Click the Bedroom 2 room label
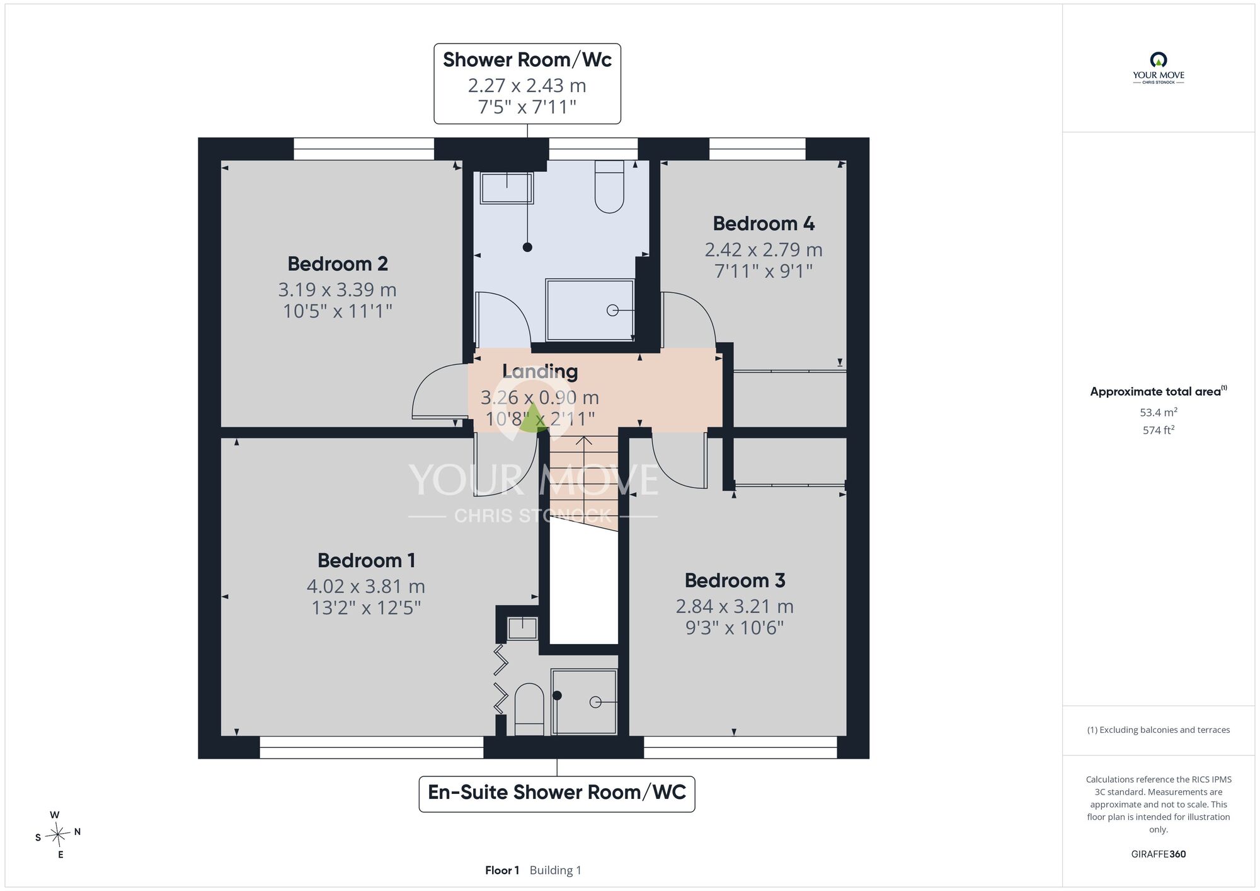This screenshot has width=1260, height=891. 338,263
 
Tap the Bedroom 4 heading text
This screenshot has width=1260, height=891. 764,224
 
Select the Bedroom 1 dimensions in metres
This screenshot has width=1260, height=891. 366,587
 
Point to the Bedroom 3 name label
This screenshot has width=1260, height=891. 735,580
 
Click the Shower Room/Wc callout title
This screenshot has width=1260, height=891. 527,60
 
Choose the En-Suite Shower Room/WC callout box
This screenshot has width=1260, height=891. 557,794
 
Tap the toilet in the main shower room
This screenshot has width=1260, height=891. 609,187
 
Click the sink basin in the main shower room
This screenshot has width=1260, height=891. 507,188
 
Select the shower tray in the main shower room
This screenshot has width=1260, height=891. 590,310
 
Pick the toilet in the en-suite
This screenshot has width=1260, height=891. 529,710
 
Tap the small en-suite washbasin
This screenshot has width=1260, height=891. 522,628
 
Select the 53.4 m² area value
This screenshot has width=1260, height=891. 1159,412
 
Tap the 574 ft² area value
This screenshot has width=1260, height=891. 1159,430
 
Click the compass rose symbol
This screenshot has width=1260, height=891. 58,835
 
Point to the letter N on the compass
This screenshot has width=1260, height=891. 77,832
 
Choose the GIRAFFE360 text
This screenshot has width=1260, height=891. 1159,854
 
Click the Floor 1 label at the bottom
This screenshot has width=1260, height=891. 502,870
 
